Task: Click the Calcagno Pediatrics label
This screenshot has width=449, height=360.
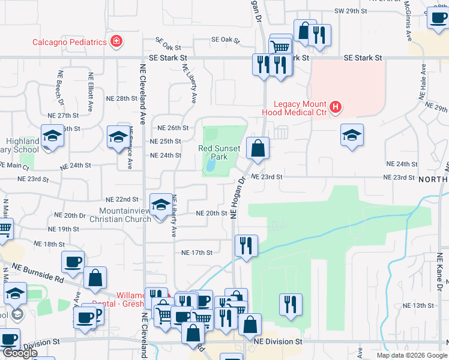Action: click(x=70, y=41)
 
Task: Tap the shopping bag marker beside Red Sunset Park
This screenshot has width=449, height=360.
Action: click(x=257, y=148)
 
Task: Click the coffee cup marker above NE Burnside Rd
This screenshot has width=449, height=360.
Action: click(x=73, y=262)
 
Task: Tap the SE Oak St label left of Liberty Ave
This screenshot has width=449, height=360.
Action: click(x=167, y=44)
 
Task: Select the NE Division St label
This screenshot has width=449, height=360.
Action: click(x=277, y=341)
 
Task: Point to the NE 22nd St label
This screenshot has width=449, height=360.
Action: click(x=122, y=199)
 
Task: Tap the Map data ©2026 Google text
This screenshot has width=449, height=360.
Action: click(x=411, y=355)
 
